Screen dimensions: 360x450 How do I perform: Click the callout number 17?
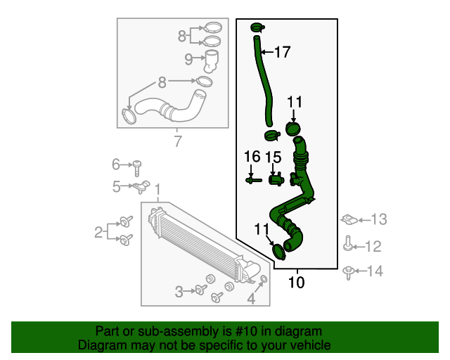pos(281,51)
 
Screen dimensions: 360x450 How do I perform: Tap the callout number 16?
pos(252,156)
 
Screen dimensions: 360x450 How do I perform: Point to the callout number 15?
pos(273,156)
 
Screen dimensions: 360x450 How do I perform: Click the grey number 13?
pos(379,220)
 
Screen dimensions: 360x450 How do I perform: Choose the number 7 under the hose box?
pos(177,141)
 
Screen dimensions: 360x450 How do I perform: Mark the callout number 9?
pos(189,60)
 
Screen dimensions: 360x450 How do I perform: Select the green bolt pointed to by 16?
pos(254,180)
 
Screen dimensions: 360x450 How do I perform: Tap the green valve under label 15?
pos(276,179)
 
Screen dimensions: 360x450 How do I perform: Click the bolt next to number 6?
pos(138,166)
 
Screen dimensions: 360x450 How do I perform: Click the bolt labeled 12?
pos(348,245)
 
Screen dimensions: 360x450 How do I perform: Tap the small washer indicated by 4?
pos(264,281)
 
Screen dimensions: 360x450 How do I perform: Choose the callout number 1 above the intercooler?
pos(157,190)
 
